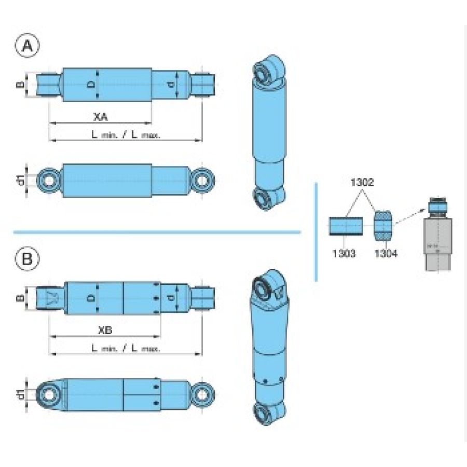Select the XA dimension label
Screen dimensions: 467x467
tap(101, 117)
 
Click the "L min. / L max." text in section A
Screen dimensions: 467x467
tap(126, 134)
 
